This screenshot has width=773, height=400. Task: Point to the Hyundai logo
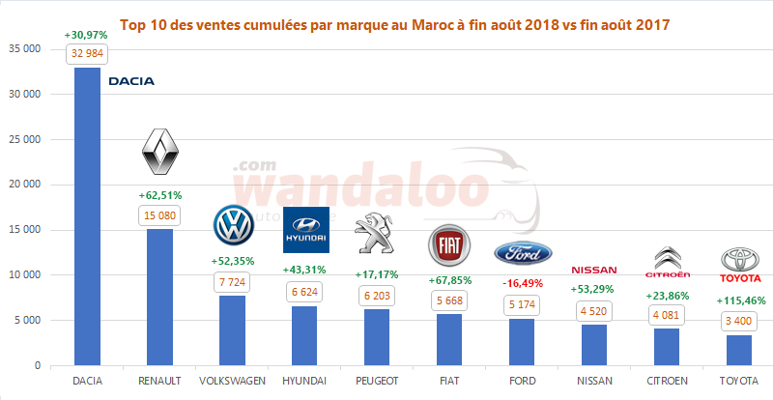305,230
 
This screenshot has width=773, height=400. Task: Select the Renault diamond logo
160,154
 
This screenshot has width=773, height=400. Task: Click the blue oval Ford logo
523,252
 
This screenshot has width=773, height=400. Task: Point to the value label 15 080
160,215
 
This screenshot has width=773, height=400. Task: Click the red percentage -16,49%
523,283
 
